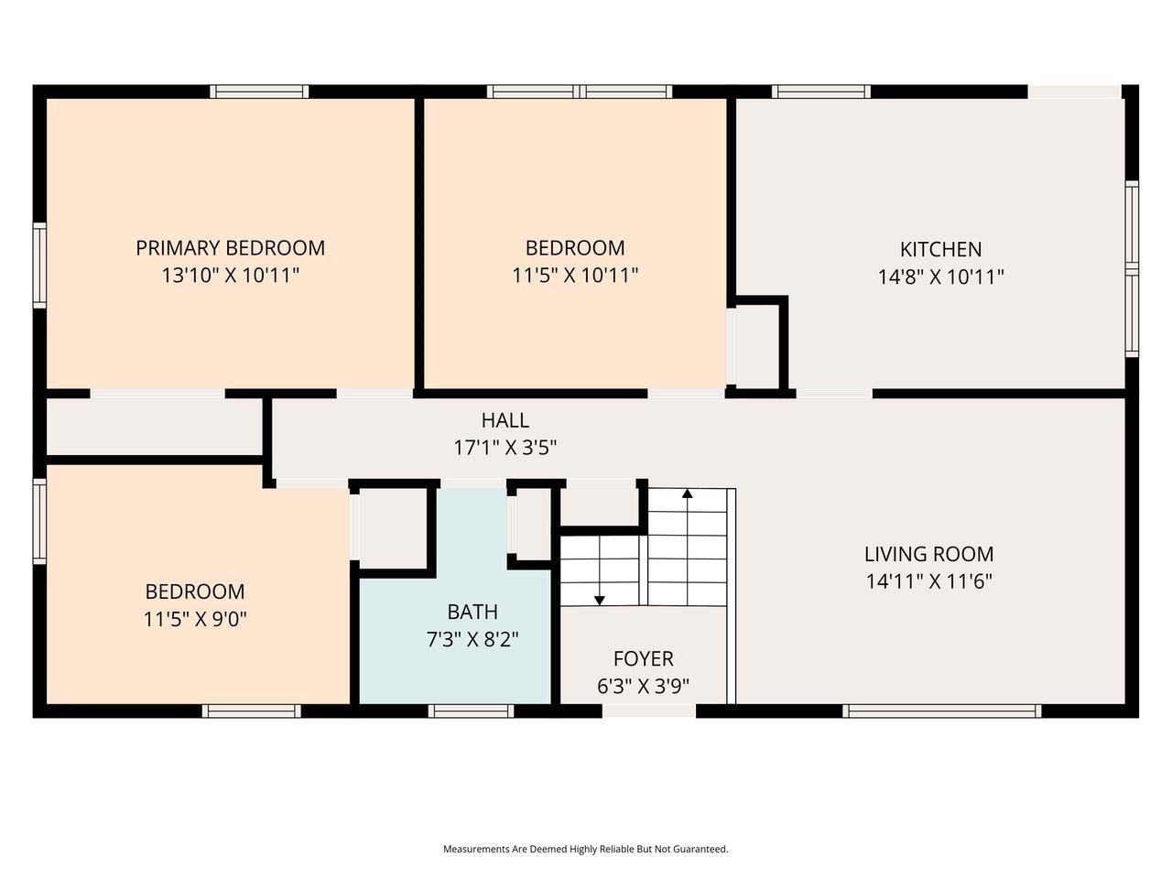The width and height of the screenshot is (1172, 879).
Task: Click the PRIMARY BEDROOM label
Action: (x=230, y=247)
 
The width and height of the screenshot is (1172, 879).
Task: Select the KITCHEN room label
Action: (x=940, y=249)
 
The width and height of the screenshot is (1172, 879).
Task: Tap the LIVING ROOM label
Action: (x=928, y=554)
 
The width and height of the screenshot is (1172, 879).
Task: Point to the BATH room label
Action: (x=472, y=612)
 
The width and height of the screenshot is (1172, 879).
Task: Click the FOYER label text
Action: (x=643, y=658)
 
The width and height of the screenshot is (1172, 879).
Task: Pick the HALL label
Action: (x=505, y=420)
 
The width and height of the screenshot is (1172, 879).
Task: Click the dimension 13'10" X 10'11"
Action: (x=230, y=275)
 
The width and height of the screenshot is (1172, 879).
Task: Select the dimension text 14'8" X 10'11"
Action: (x=940, y=277)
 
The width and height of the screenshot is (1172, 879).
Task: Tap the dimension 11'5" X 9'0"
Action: (x=195, y=619)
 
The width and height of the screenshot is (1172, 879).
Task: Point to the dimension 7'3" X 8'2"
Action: (x=472, y=639)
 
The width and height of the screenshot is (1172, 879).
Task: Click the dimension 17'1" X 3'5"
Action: (x=505, y=448)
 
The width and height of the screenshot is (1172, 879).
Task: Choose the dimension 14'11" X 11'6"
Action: (x=928, y=581)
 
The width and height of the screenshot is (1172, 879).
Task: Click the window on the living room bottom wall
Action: (x=941, y=711)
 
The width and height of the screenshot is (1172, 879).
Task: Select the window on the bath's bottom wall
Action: (x=471, y=711)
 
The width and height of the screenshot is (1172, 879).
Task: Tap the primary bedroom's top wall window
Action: (x=259, y=92)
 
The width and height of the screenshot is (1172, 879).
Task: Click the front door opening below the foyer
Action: (x=649, y=711)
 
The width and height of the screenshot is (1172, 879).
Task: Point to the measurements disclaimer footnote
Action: (x=586, y=849)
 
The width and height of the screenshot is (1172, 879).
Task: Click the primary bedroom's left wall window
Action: (x=39, y=265)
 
